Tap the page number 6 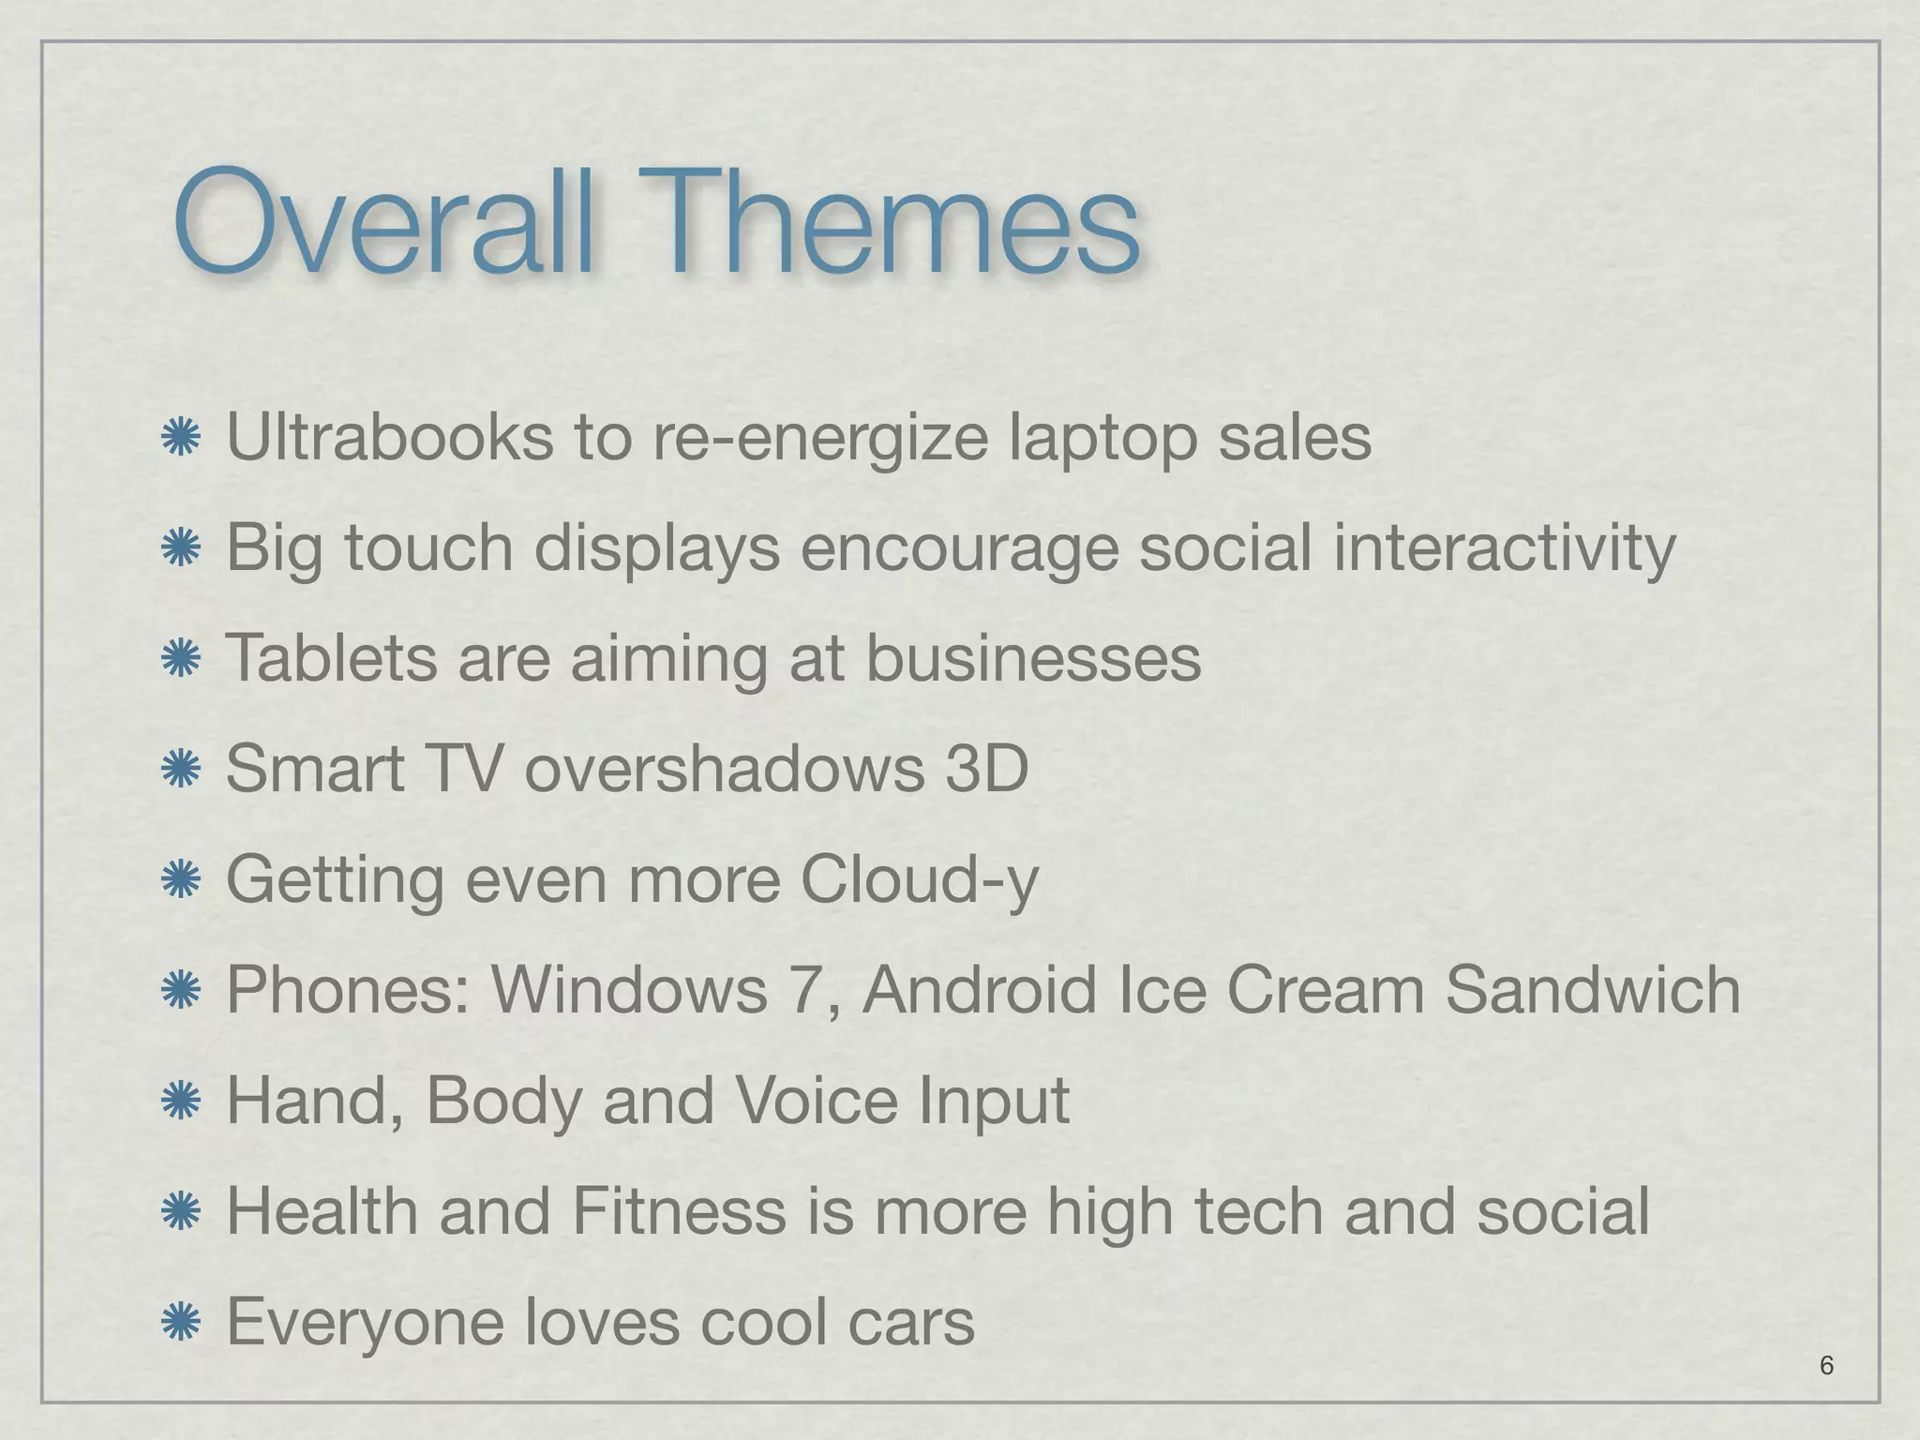(1826, 1365)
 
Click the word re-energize (819, 439)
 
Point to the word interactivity (1504, 547)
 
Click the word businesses (1032, 657)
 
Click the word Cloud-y (920, 879)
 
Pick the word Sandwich (1593, 989)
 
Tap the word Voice (816, 1100)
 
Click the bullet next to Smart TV (181, 770)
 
